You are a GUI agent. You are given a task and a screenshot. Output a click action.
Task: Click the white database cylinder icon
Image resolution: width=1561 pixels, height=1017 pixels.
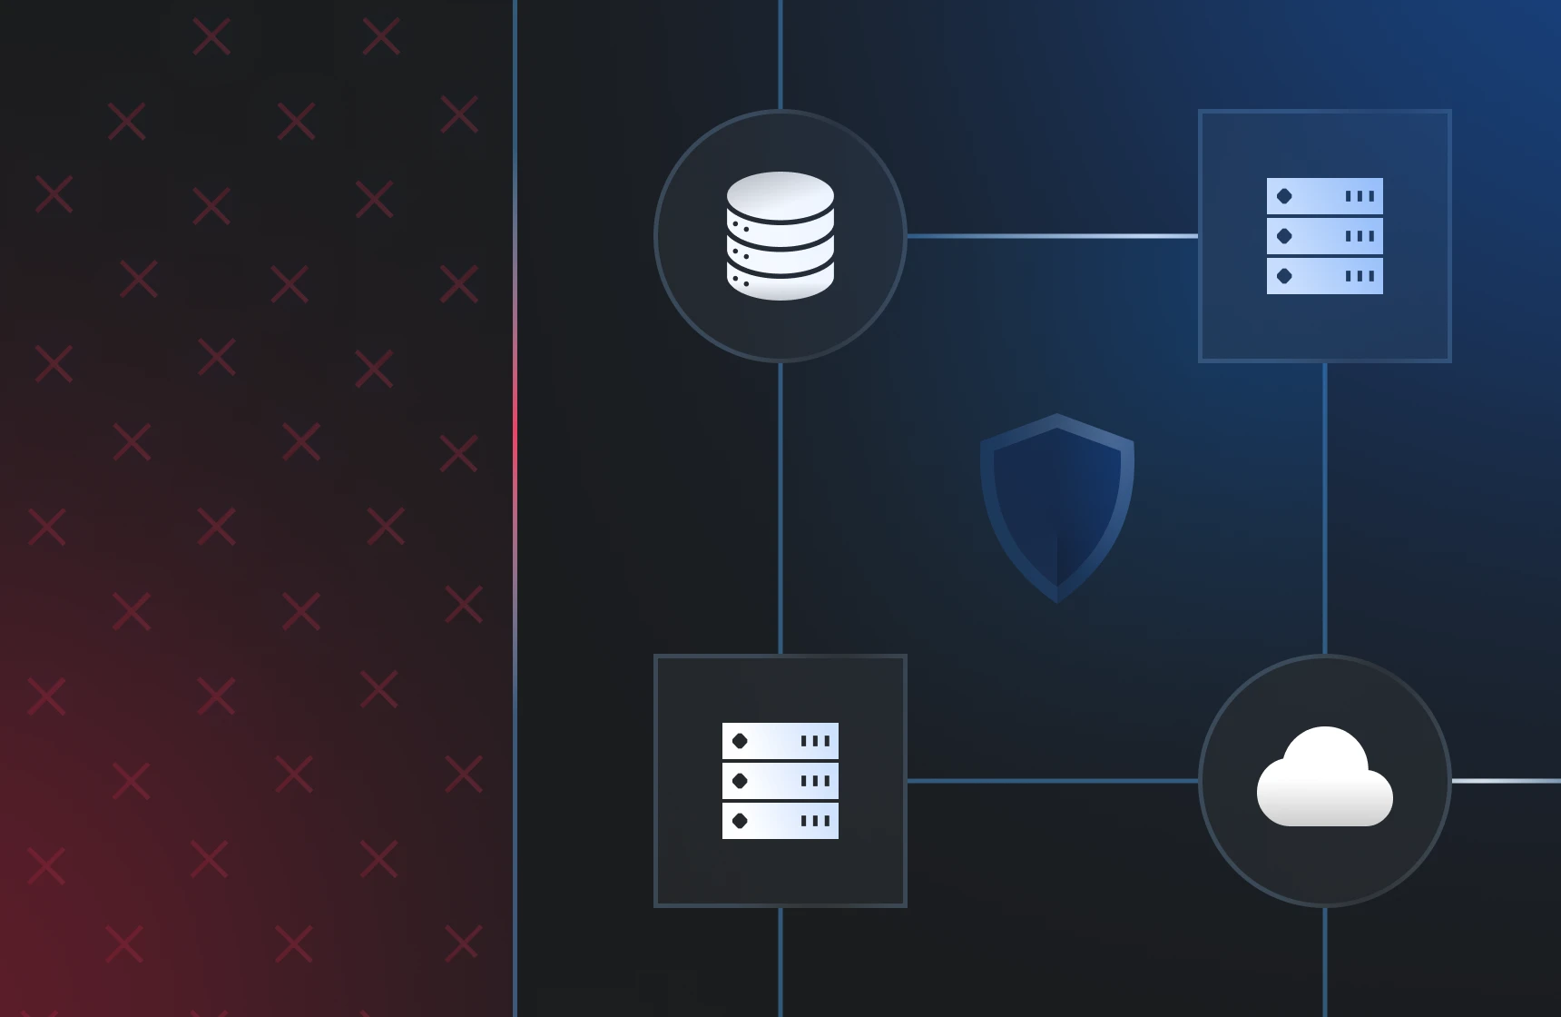click(x=780, y=236)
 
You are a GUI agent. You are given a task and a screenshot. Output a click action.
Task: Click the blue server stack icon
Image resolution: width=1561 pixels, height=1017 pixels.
click(x=1325, y=236)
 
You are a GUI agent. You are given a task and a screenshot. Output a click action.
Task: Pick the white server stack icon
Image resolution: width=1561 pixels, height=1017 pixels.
click(x=780, y=781)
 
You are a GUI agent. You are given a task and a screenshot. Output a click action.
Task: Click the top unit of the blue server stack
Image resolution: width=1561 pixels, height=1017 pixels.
click(x=1325, y=196)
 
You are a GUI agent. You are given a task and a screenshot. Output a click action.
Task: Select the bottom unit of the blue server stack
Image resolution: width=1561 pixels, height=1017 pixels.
click(x=1325, y=276)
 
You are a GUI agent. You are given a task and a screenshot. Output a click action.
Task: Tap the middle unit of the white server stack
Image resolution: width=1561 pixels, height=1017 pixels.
click(x=780, y=781)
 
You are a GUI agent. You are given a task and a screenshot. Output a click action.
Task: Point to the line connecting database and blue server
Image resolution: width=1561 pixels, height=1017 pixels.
click(x=1053, y=236)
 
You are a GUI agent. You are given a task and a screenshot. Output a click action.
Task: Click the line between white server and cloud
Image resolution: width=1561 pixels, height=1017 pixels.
click(x=1053, y=781)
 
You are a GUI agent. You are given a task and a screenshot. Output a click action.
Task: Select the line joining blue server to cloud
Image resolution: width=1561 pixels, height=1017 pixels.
click(x=1325, y=508)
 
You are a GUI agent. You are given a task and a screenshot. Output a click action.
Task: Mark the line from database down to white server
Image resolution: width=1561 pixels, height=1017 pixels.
click(x=780, y=508)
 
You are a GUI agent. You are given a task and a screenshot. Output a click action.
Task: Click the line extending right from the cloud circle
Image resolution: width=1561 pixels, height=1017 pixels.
click(x=1507, y=781)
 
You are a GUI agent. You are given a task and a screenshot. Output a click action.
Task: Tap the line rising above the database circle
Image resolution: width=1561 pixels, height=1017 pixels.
click(x=780, y=54)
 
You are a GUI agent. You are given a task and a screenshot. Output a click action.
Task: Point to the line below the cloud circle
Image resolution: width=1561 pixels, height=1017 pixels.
click(x=1325, y=963)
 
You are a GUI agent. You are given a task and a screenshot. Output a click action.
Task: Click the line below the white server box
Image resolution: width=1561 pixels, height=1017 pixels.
click(x=780, y=963)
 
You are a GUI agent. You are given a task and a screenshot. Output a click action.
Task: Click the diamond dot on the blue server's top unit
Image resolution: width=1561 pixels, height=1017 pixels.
click(x=1284, y=196)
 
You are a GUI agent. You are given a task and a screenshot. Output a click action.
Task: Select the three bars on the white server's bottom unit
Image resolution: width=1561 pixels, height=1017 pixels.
click(x=815, y=821)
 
